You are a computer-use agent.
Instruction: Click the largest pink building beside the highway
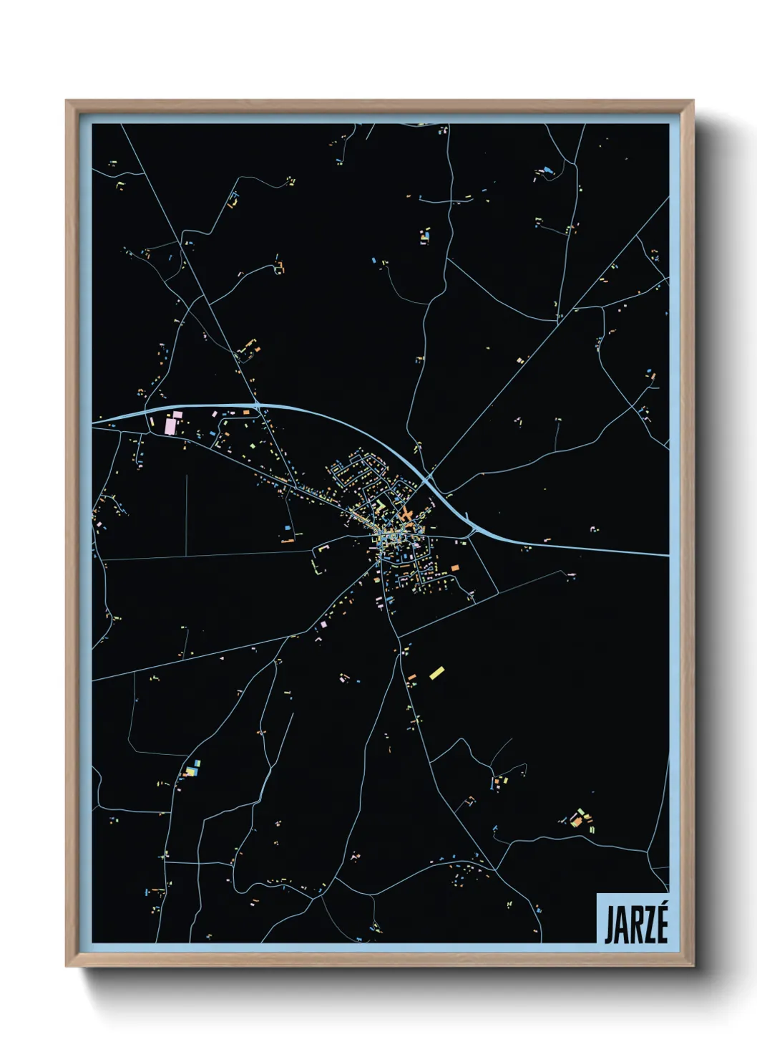pos(170,425)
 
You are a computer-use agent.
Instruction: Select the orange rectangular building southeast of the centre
pos(454,568)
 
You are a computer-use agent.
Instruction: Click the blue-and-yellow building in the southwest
pos(190,770)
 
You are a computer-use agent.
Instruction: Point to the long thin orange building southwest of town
pos(288,541)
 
